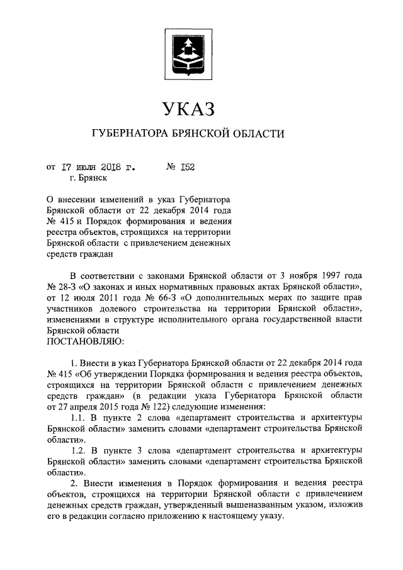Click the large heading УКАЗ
click(188, 109)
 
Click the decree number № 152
click(181, 168)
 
